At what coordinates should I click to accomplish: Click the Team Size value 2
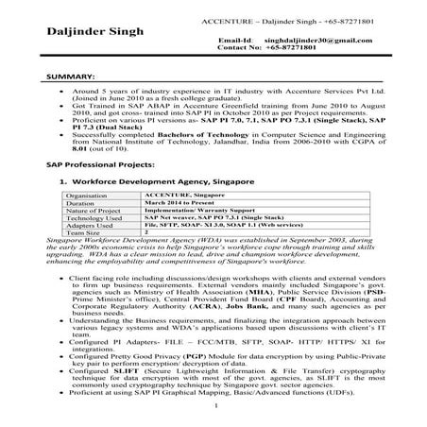146,234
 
